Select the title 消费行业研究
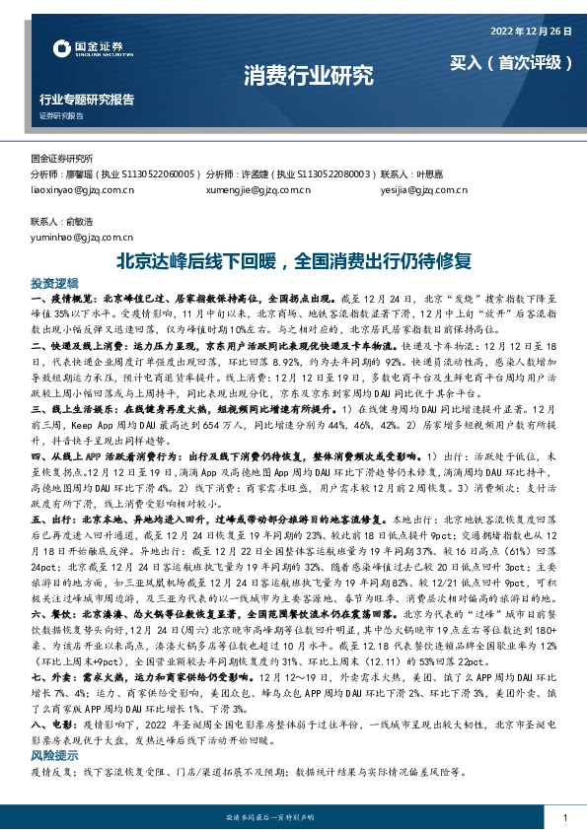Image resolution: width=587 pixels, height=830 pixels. [294, 73]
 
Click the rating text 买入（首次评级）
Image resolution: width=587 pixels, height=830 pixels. [511, 62]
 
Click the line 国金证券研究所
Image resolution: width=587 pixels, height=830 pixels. [61, 158]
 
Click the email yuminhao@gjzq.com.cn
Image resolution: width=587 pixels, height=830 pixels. [75, 238]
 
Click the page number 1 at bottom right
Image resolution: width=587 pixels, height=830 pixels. [563, 818]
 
